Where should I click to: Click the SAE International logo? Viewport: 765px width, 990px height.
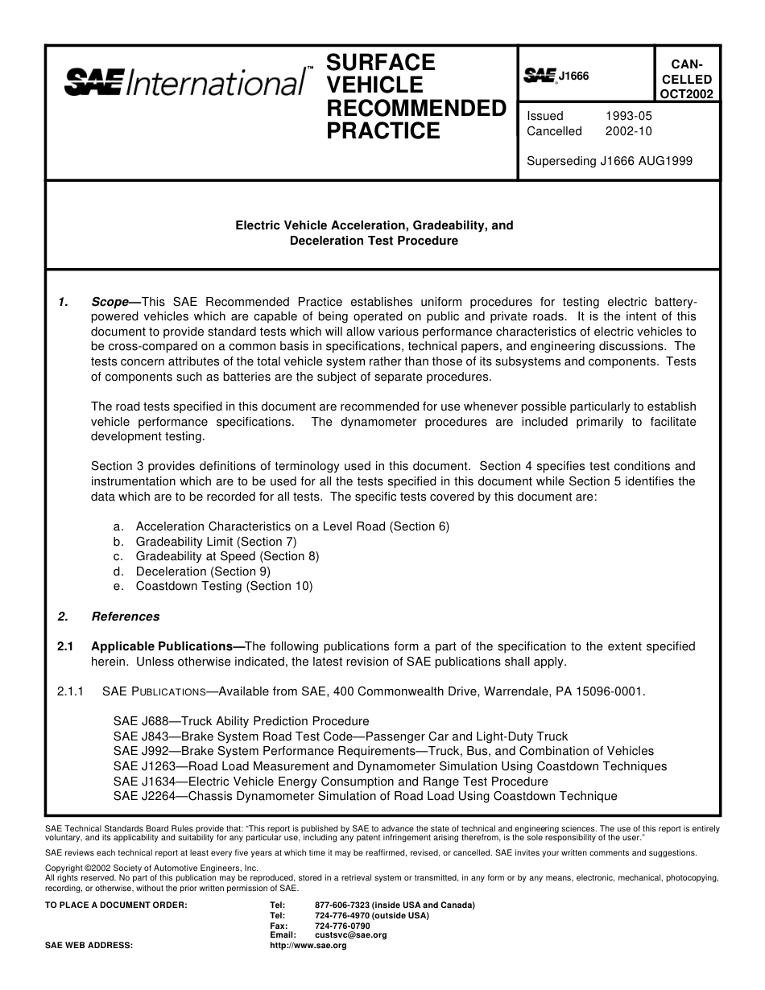(x=185, y=81)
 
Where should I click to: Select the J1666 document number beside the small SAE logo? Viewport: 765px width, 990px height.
(x=574, y=76)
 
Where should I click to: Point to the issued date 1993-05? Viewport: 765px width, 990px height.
(x=628, y=116)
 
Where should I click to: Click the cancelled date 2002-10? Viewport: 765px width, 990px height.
(x=628, y=131)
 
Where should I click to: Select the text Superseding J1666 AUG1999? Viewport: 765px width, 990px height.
(x=609, y=160)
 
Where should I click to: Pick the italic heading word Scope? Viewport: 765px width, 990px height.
(x=110, y=302)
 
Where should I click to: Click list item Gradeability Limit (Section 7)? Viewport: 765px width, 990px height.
(x=215, y=542)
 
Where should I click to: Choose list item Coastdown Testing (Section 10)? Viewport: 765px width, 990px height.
(x=223, y=586)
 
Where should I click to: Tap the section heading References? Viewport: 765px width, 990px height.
(x=125, y=617)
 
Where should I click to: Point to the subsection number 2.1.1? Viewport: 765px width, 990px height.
(x=71, y=691)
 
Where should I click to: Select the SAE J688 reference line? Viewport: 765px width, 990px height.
(x=241, y=721)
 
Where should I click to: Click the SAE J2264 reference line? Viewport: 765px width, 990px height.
(x=365, y=796)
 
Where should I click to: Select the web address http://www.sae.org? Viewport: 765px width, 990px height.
(x=308, y=946)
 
